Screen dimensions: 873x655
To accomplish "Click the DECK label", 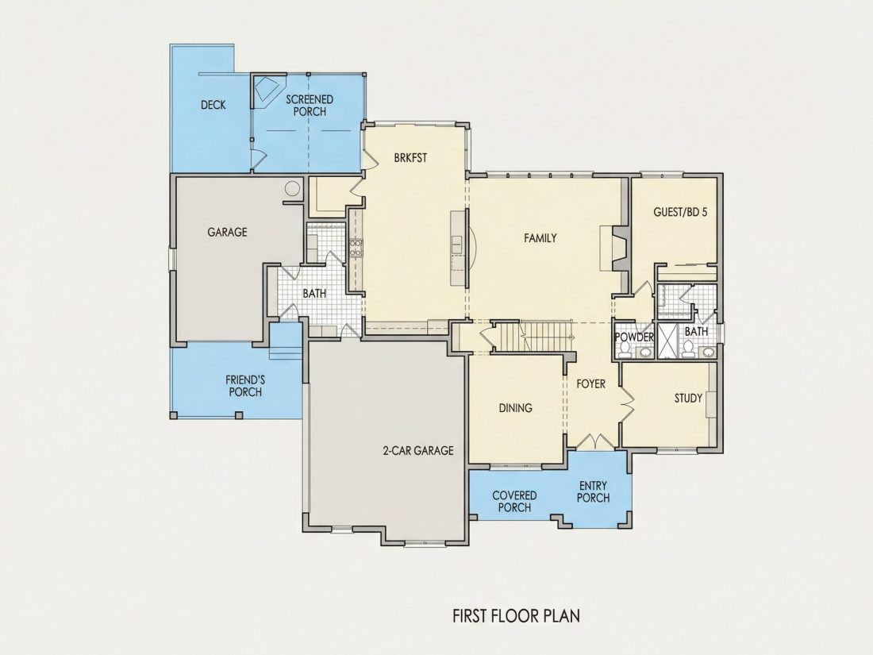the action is [213, 105].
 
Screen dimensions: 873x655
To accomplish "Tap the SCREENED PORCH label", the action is [310, 106].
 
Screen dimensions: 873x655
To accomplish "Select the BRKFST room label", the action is [410, 158].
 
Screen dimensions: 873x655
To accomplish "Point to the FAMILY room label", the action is [540, 238].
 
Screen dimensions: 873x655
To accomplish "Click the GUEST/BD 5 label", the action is [680, 212].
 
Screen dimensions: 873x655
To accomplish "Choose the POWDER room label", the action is [633, 337].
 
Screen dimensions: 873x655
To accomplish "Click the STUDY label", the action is [688, 399].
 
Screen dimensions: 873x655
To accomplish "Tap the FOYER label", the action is [590, 383].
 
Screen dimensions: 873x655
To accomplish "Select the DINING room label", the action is [515, 408].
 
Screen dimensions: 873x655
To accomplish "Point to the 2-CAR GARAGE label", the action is [418, 451].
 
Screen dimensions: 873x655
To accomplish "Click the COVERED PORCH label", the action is [514, 501].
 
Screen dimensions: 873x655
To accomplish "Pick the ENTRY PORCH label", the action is [593, 491].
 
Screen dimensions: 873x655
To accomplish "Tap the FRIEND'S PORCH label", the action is [245, 386].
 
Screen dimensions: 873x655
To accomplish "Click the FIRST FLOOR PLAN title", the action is [516, 615].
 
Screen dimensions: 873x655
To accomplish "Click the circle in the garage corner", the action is [292, 188].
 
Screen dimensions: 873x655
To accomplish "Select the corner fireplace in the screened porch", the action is [267, 89].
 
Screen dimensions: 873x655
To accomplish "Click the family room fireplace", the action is [614, 249].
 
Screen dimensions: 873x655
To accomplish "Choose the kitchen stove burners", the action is [356, 247].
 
